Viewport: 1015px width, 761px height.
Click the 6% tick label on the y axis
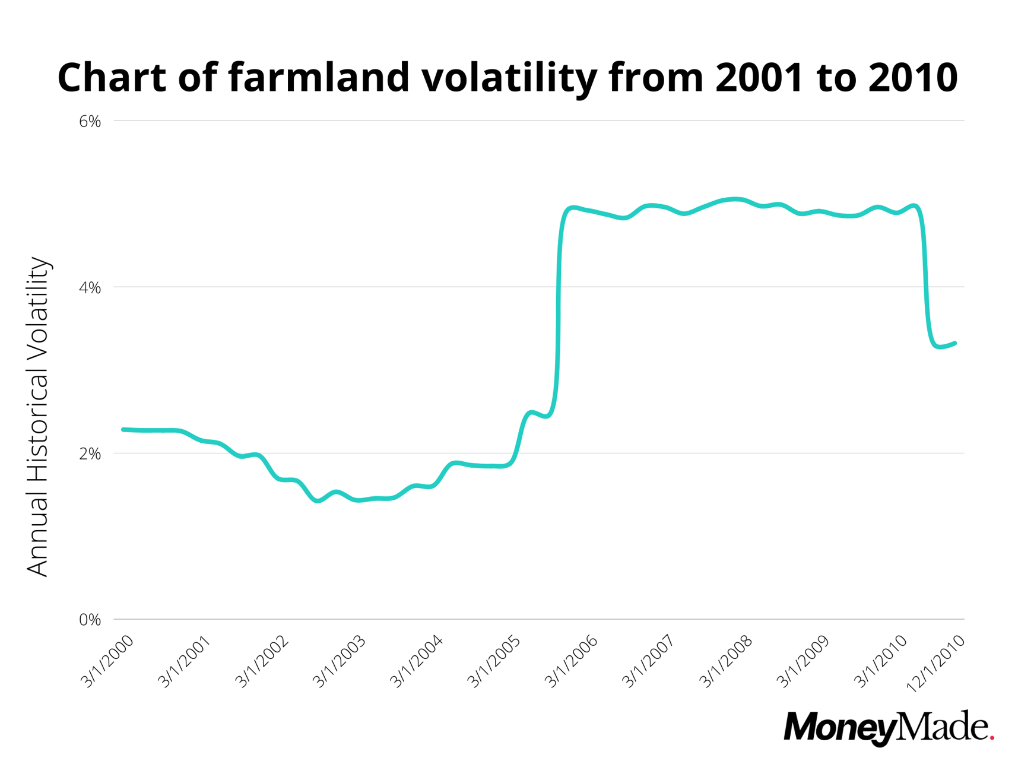click(x=90, y=122)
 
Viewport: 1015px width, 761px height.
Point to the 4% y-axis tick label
click(x=90, y=288)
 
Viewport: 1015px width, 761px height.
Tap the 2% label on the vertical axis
click(x=90, y=454)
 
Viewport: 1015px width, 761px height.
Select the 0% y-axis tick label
click(x=90, y=620)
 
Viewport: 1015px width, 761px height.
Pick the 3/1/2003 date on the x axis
click(x=340, y=662)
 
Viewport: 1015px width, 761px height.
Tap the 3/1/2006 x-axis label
click(x=571, y=662)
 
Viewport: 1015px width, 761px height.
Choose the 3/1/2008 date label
click(x=726, y=662)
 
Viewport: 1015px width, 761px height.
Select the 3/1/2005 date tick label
click(x=494, y=662)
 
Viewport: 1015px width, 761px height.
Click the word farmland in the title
click(x=319, y=77)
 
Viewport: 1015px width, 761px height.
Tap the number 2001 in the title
click(x=756, y=77)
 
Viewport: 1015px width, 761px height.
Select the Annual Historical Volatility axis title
click(x=38, y=417)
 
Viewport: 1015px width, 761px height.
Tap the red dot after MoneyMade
click(x=992, y=738)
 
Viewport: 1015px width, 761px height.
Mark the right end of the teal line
click(x=954, y=343)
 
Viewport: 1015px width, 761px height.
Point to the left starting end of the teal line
click(x=123, y=429)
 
